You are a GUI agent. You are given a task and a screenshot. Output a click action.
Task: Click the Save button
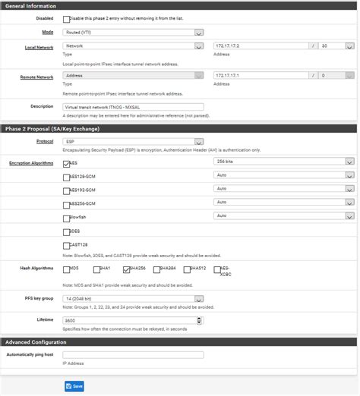point(74,386)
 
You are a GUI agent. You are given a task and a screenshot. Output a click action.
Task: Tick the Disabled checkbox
point(67,19)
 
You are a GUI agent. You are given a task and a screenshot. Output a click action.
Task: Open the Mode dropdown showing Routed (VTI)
point(133,33)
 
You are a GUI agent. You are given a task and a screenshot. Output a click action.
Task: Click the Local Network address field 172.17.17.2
point(261,46)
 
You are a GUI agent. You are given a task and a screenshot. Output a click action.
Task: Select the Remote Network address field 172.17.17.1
point(261,76)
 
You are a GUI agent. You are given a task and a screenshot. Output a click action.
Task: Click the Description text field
point(133,106)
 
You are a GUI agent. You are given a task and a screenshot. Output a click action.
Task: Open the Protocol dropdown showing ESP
point(133,141)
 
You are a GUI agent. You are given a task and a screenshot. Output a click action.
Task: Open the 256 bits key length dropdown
point(284,162)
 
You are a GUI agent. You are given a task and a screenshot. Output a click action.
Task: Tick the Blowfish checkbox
point(66,218)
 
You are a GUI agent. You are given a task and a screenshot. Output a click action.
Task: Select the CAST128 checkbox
point(66,245)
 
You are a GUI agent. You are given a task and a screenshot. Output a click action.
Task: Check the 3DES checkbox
point(66,231)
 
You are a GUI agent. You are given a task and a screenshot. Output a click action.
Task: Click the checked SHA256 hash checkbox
point(126,269)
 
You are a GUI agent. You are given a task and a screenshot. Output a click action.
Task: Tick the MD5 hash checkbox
point(66,269)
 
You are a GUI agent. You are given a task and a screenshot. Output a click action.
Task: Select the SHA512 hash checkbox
point(186,269)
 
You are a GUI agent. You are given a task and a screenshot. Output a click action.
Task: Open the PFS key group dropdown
point(133,299)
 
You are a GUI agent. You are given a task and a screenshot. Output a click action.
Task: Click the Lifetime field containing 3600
point(133,322)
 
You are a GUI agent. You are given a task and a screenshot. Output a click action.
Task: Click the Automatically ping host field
point(133,354)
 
